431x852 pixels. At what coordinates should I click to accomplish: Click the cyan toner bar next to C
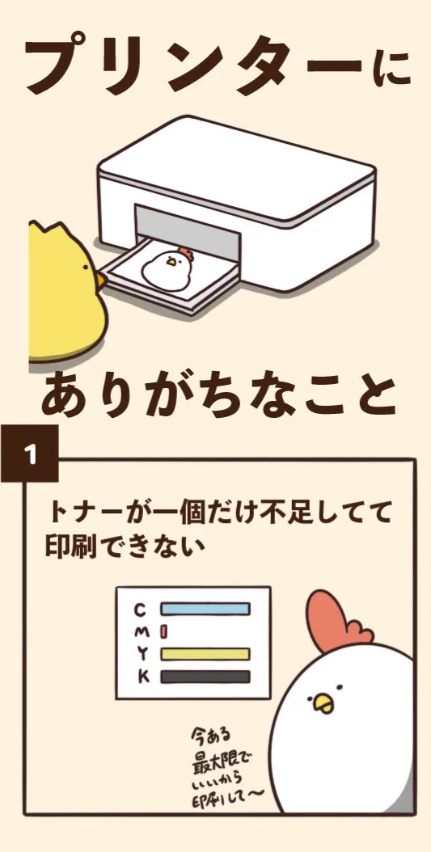coord(205,609)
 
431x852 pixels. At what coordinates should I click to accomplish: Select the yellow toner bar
coord(205,654)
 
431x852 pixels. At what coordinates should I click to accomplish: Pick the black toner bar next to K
coord(205,677)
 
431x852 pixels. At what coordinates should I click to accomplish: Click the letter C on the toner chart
coord(140,609)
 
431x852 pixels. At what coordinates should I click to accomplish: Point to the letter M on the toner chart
coord(140,631)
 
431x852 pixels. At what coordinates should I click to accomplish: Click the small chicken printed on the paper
coord(170,266)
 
